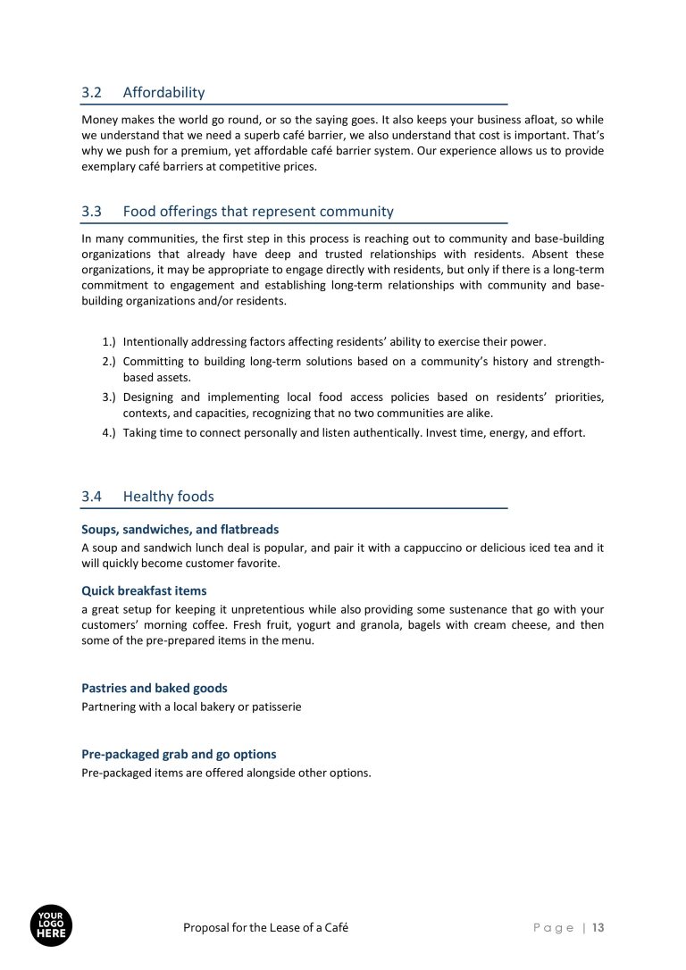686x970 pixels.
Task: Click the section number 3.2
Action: [92, 92]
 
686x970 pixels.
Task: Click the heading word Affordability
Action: [163, 92]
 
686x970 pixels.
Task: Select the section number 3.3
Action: [92, 212]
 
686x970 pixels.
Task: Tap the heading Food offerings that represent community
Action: [258, 212]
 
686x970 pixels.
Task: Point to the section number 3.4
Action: [92, 497]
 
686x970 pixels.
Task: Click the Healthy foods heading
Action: [168, 497]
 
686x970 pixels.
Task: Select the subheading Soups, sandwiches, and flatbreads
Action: [180, 530]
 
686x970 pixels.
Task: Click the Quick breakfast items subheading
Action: [144, 590]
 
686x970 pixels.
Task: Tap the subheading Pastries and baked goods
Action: [154, 689]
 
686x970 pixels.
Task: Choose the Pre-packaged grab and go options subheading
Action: [179, 754]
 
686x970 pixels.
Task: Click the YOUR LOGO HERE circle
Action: [51, 926]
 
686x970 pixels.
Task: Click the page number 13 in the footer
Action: [598, 928]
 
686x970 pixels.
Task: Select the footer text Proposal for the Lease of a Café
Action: [265, 928]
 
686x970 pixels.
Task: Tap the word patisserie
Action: [275, 707]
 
